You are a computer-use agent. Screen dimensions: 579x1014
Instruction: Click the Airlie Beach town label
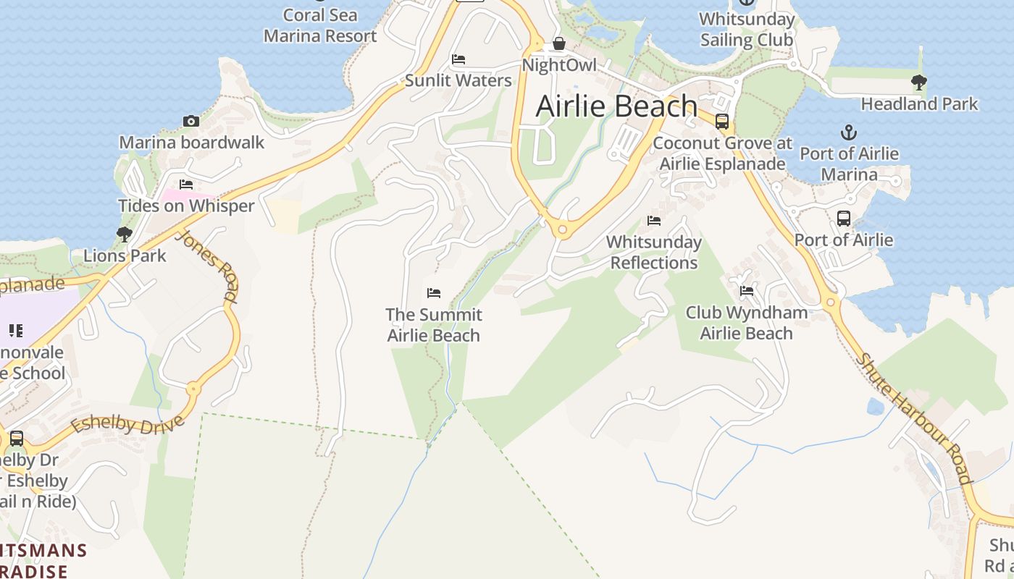[x=616, y=106]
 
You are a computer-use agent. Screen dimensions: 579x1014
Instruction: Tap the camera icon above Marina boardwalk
[x=191, y=122]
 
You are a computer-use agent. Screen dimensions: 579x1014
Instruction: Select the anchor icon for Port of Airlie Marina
[x=848, y=132]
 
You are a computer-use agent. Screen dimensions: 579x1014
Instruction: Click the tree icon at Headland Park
[x=919, y=83]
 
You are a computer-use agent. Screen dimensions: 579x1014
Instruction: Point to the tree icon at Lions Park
[x=125, y=234]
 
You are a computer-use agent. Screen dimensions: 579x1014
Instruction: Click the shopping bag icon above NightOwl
[x=559, y=44]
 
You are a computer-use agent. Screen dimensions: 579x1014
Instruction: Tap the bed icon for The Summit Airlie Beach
[x=434, y=293]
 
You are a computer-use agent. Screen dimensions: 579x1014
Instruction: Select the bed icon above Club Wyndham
[x=747, y=291]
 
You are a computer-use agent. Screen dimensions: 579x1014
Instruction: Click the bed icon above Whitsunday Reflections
[x=654, y=221]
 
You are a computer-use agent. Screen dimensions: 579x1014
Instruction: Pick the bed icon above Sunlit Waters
[x=458, y=59]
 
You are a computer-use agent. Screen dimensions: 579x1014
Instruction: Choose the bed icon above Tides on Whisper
[x=186, y=185]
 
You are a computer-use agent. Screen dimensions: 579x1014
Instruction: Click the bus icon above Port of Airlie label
[x=843, y=219]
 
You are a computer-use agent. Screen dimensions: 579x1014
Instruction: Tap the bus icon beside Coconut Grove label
[x=722, y=122]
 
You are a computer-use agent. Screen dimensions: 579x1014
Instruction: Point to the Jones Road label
[x=208, y=266]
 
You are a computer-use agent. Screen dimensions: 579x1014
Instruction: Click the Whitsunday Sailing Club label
[x=747, y=29]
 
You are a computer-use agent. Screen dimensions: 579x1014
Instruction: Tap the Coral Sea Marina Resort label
[x=319, y=25]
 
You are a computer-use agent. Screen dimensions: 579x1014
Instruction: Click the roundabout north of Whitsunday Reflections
[x=563, y=230]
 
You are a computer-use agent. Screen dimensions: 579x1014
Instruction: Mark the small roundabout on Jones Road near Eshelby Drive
[x=193, y=389]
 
